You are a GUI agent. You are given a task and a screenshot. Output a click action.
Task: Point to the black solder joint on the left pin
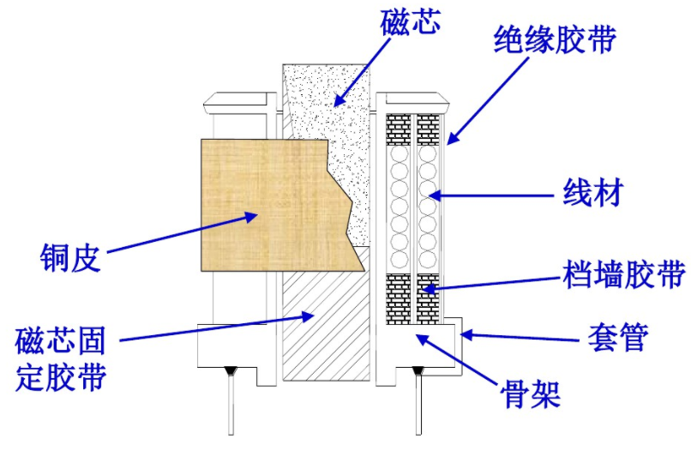click(x=231, y=370)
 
